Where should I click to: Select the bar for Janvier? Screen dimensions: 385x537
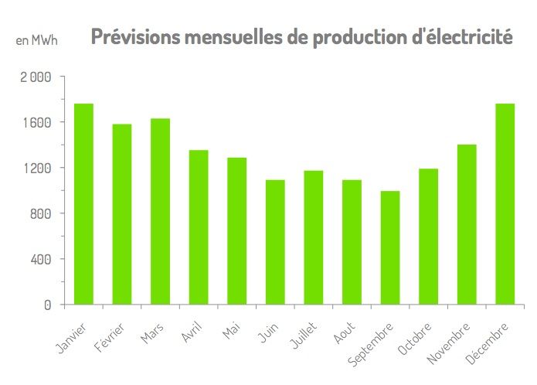tap(83, 204)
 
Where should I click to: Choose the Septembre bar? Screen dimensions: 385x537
tap(389, 247)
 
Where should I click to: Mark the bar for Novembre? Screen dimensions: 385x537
tap(466, 224)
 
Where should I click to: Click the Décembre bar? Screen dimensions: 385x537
tap(505, 204)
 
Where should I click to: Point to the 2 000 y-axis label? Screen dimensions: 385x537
tap(35, 77)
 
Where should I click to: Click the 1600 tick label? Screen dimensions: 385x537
tap(36, 122)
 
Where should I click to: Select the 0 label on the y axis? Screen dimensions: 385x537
tap(47, 305)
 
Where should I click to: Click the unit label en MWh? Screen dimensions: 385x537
tap(36, 39)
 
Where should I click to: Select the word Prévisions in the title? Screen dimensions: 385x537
tap(133, 37)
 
